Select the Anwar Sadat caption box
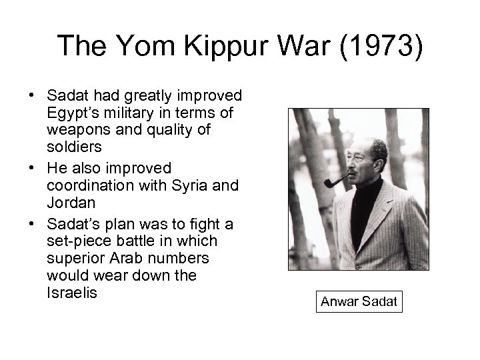pyautogui.click(x=359, y=301)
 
